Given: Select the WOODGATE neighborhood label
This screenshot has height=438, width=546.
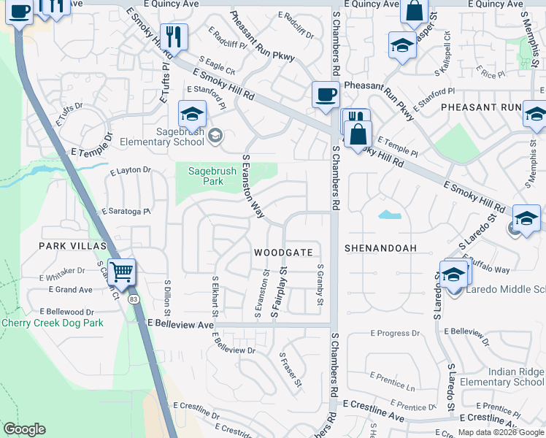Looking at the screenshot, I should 283,253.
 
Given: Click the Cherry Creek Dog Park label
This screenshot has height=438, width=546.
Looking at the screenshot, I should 52,323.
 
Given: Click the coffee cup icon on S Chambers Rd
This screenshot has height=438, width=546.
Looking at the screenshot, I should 326,94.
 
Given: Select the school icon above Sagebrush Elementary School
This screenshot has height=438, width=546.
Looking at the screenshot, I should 193,114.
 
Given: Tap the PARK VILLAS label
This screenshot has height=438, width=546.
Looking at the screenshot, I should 73,246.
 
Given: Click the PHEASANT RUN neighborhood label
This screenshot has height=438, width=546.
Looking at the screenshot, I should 480,107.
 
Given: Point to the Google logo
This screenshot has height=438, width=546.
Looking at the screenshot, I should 24,429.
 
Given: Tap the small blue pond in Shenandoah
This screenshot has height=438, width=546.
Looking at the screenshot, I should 390,215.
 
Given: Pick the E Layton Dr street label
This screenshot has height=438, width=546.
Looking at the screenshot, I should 131,169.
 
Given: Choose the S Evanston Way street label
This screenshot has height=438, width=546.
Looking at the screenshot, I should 253,186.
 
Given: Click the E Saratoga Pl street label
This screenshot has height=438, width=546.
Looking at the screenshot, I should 125,211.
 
